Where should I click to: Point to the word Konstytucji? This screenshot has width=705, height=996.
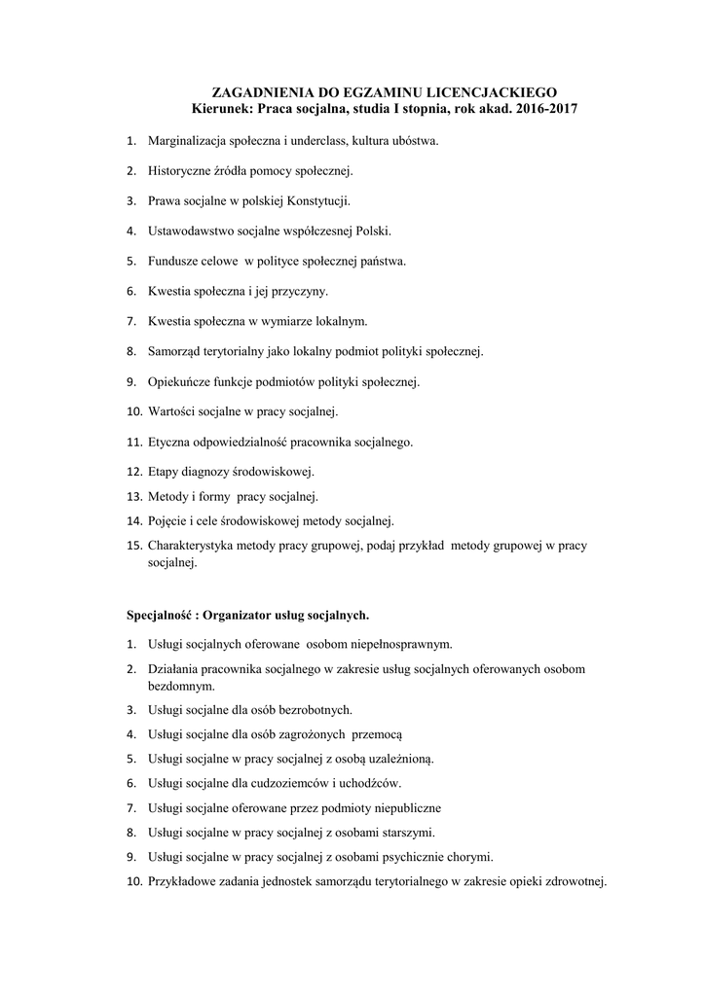(316, 200)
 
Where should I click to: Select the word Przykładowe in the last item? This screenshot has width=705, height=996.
(184, 882)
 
